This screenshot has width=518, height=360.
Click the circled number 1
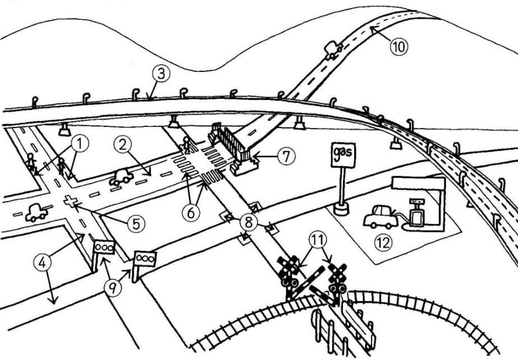(x=80, y=143)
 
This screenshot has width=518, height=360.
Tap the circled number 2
(x=122, y=144)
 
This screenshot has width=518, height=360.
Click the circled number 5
(x=135, y=224)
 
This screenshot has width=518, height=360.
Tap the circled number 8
(x=247, y=221)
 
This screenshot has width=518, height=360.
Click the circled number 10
(x=398, y=47)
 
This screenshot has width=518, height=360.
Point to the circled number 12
(x=384, y=243)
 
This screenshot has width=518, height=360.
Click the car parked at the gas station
(x=381, y=216)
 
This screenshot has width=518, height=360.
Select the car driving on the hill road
(x=333, y=51)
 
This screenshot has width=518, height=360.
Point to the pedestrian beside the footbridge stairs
(x=186, y=145)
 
